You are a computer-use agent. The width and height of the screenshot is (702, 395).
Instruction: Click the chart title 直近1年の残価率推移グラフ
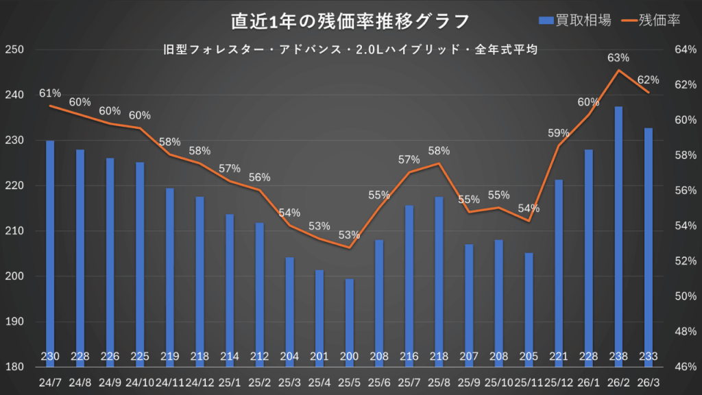point(350,21)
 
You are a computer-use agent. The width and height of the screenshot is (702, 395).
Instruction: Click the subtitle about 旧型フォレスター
point(350,49)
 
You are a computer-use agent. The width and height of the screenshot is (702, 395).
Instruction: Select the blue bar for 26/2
point(618,233)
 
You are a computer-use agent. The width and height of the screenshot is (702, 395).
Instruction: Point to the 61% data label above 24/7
point(50,93)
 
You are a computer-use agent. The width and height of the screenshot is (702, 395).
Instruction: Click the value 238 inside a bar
point(618,356)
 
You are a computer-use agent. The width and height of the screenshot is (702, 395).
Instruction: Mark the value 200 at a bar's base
point(350,356)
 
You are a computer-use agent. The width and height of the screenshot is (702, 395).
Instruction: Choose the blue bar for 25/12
point(559,267)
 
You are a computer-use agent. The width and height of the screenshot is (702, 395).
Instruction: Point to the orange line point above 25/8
point(439,163)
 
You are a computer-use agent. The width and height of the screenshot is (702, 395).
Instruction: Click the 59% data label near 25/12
point(559,133)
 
